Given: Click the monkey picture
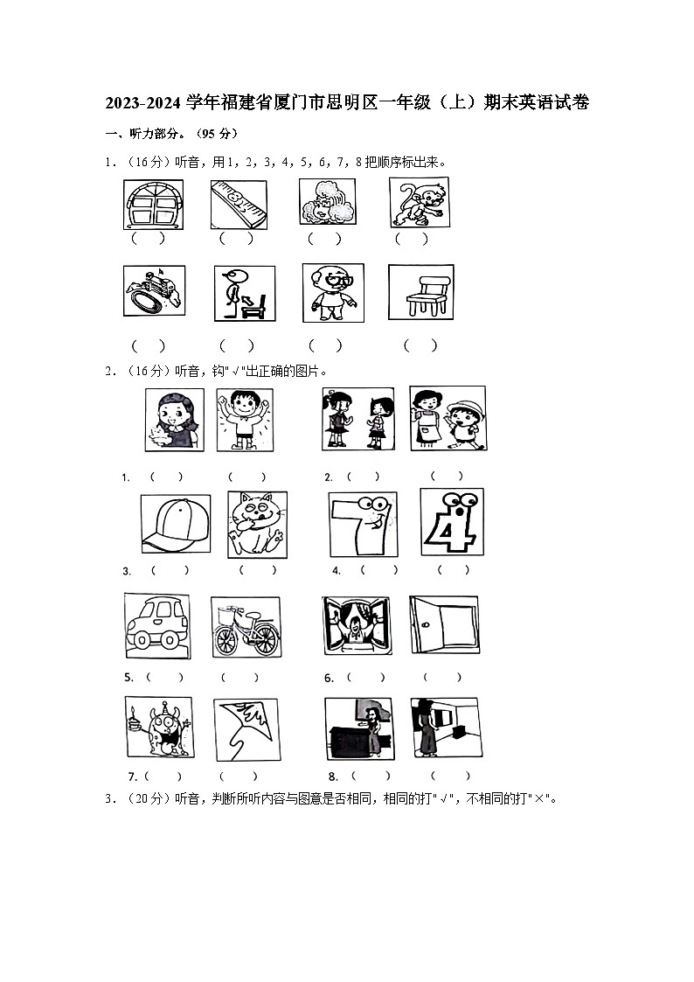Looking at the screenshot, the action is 420,202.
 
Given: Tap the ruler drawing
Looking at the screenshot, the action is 239,205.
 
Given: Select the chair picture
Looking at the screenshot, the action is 420,292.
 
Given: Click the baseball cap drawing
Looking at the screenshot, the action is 175,523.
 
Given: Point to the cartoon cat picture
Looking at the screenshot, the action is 257,524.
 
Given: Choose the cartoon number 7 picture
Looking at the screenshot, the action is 363,524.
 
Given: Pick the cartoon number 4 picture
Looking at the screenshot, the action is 452,522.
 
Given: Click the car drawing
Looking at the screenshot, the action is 157,625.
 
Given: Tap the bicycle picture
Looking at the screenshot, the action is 246,627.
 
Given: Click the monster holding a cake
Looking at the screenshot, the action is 159,728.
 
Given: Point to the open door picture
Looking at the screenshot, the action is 444,624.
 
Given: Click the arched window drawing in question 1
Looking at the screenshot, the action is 153,205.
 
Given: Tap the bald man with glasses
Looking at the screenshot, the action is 333,292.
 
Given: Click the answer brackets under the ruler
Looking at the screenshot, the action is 237,239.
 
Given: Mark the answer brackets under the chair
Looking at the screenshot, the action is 420,345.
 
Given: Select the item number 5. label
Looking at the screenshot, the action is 128,678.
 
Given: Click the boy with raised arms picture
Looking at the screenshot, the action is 245,420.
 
